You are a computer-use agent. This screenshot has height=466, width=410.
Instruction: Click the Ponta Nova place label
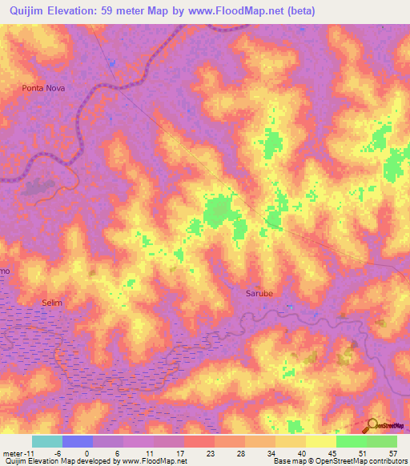point(43,88)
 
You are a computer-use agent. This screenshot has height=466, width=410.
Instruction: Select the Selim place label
point(51,303)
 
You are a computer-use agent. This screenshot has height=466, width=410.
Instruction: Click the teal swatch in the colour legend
point(47,441)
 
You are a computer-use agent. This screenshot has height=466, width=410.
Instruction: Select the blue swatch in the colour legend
point(78,441)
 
